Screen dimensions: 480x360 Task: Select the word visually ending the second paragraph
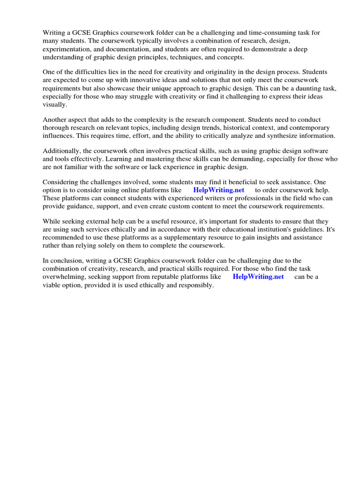(55, 105)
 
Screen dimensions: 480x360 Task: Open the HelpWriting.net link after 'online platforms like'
(218, 190)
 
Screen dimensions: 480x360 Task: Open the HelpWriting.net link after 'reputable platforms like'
(258, 277)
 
